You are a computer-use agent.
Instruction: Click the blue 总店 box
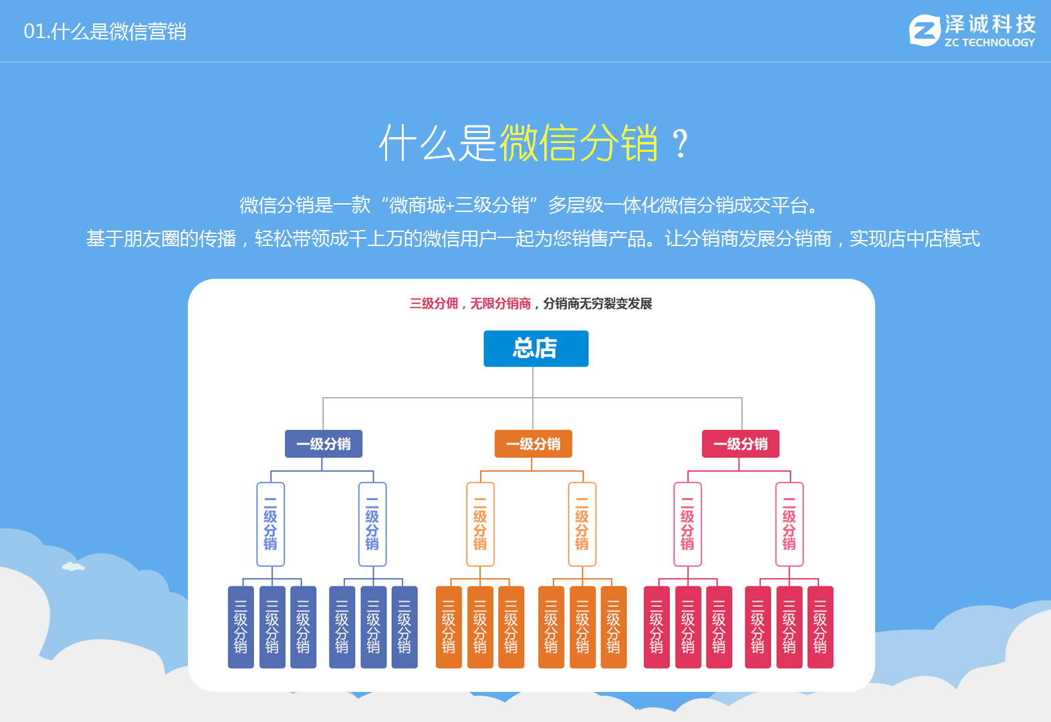coord(536,348)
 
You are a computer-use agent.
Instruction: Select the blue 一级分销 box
coord(324,444)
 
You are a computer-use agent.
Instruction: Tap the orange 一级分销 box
coord(533,444)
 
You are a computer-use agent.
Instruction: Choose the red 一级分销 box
coord(740,444)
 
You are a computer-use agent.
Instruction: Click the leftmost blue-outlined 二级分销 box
coord(270,524)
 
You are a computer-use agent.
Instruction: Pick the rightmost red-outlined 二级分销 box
coord(789,524)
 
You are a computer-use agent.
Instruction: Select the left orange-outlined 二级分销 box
coord(480,524)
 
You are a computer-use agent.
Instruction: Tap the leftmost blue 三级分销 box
coord(241,627)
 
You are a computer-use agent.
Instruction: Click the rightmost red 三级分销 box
coord(820,627)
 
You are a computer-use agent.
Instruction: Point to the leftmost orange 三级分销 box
coord(449,627)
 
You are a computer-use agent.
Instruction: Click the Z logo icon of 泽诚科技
coord(924,31)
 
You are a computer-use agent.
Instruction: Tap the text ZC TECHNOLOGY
coord(989,43)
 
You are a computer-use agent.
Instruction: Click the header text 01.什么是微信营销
coord(105,31)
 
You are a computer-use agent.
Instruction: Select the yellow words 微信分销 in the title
coord(578,142)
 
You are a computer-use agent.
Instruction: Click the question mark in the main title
coord(680,144)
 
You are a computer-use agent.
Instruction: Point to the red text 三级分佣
coord(434,304)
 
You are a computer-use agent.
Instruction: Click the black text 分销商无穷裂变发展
coord(597,304)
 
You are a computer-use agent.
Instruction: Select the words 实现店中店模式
coord(914,239)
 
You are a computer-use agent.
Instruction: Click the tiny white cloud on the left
coord(73,567)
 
